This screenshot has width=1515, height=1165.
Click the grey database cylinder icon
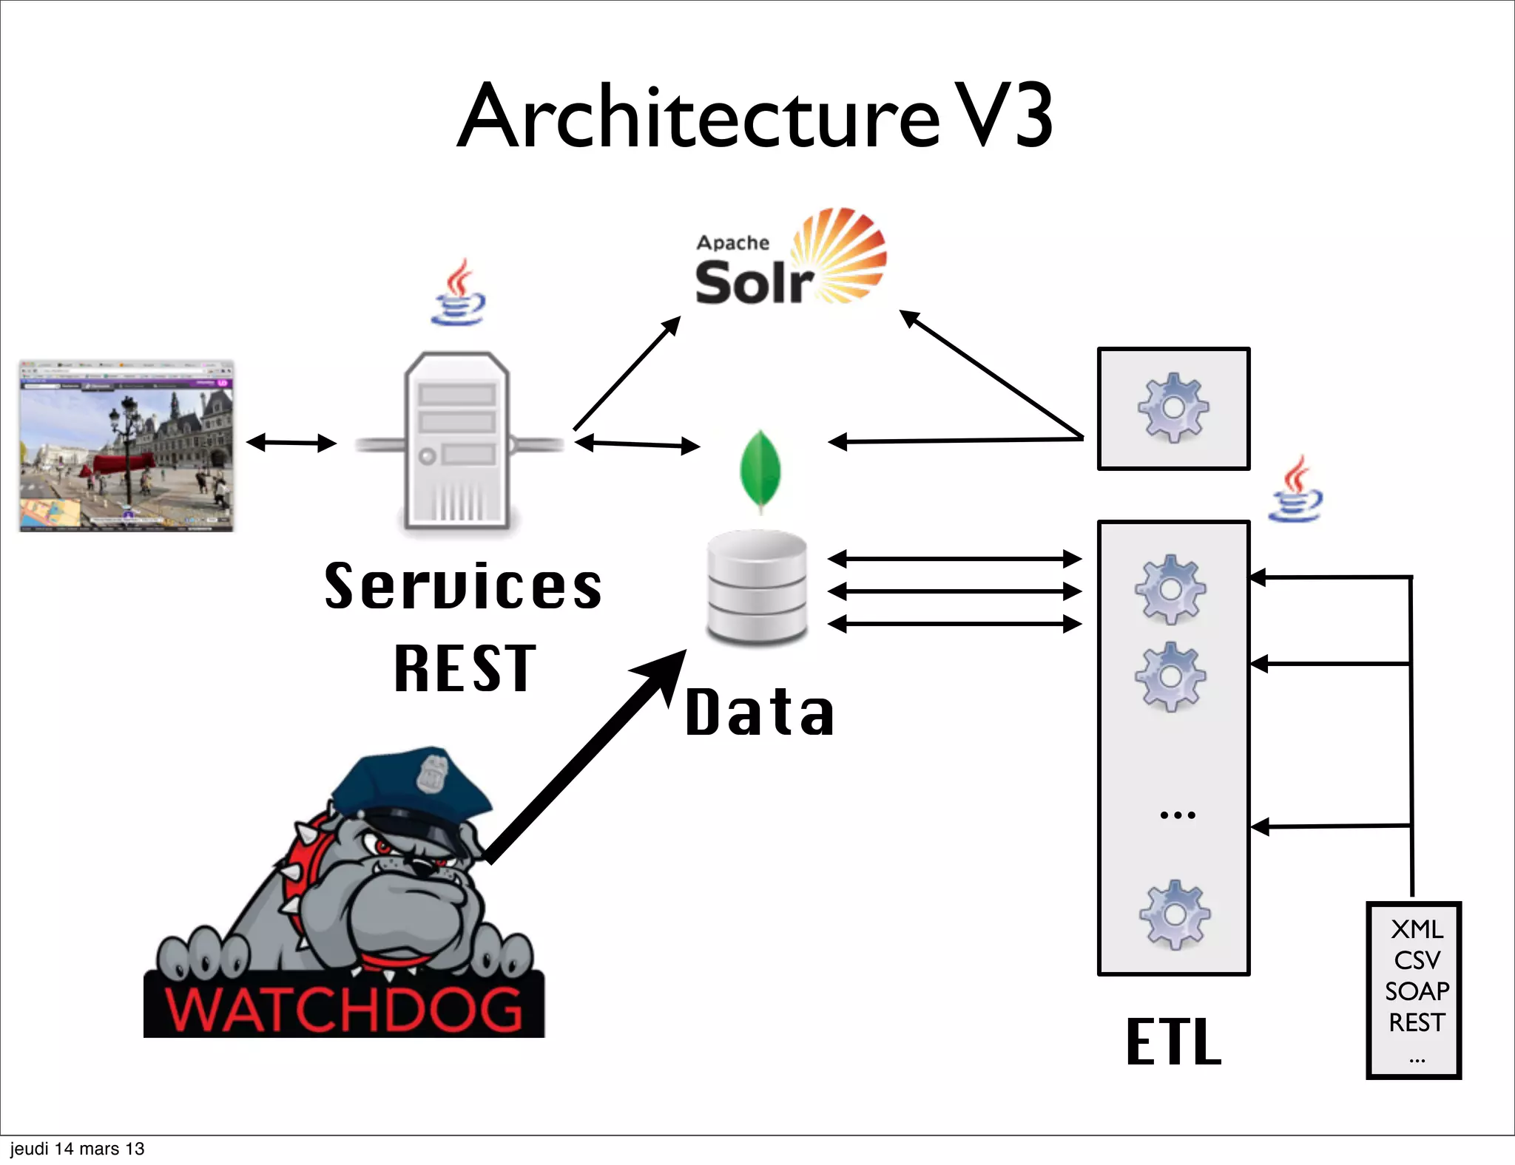[x=757, y=588]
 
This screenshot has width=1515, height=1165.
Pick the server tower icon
[x=457, y=442]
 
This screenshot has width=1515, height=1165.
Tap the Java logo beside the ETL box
[x=1296, y=489]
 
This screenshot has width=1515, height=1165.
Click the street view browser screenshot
[x=126, y=446]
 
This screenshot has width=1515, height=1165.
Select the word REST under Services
[x=465, y=669]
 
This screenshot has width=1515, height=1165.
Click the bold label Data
[x=760, y=713]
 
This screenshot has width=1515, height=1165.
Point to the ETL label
[x=1173, y=1042]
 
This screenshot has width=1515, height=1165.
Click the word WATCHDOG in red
[x=344, y=1009]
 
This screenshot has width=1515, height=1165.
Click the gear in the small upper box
[x=1173, y=407]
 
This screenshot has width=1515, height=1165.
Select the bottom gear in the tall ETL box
[x=1174, y=914]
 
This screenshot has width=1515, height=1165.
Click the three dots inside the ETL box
[x=1177, y=815]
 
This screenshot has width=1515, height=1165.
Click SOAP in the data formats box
[x=1416, y=991]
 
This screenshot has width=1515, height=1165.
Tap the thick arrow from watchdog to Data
[x=584, y=758]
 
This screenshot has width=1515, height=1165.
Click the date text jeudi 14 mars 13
[x=77, y=1149]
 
